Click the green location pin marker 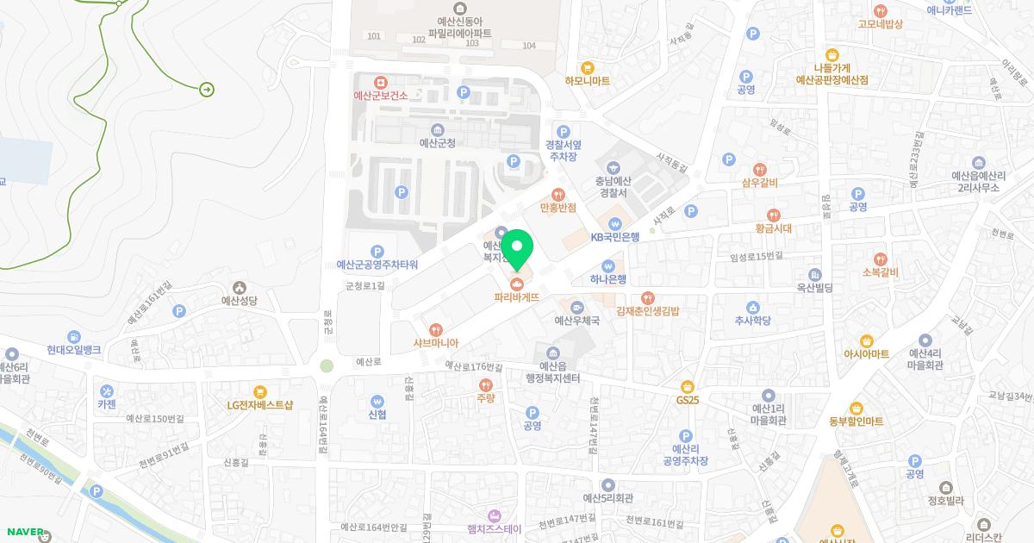[517, 249]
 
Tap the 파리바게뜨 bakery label [516, 297]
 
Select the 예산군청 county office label [437, 143]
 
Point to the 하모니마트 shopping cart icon [588, 66]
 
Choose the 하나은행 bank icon [609, 265]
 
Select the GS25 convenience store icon [687, 386]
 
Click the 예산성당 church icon [239, 287]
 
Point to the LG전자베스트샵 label [260, 404]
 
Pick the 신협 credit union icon [377, 400]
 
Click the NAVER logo [23, 532]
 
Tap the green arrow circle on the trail [207, 90]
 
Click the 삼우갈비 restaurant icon [759, 169]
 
